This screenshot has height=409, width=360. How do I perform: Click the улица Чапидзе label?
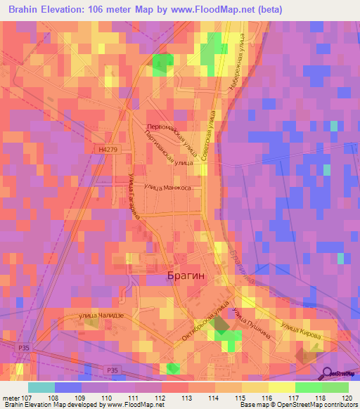click(x=101, y=316)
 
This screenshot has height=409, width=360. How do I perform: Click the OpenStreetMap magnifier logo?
click(x=328, y=375)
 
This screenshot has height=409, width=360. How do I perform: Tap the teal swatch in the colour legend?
click(x=41, y=387)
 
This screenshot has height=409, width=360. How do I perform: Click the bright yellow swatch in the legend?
click(x=281, y=387)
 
